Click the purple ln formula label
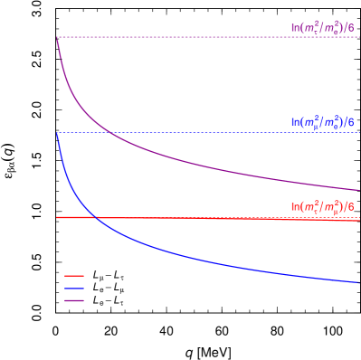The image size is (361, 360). (x=322, y=28)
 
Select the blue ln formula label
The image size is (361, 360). (x=322, y=121)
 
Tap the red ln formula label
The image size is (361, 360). (x=322, y=207)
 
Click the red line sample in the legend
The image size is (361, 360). (x=74, y=276)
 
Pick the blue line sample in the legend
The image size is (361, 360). (x=74, y=289)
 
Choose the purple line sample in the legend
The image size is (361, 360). (x=74, y=300)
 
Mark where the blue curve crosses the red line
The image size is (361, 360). (x=94, y=217)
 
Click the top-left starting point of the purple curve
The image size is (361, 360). (x=57, y=39)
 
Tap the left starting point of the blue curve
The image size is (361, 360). (x=57, y=134)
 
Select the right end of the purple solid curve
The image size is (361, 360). (x=358, y=190)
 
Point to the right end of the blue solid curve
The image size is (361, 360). (x=358, y=282)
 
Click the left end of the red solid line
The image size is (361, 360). (x=57, y=217)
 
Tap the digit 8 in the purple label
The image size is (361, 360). (x=351, y=28)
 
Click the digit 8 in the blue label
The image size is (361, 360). (x=351, y=121)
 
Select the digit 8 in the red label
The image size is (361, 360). (x=351, y=207)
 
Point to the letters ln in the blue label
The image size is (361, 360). (x=294, y=121)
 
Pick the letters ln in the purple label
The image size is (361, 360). (x=294, y=28)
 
